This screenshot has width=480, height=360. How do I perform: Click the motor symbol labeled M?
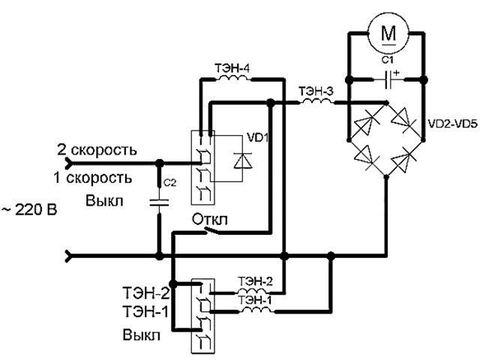(387, 32)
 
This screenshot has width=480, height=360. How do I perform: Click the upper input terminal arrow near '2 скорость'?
(70, 162)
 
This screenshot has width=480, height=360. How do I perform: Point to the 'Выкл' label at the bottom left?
(142, 335)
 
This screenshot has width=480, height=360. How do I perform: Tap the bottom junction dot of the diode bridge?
(386, 177)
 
